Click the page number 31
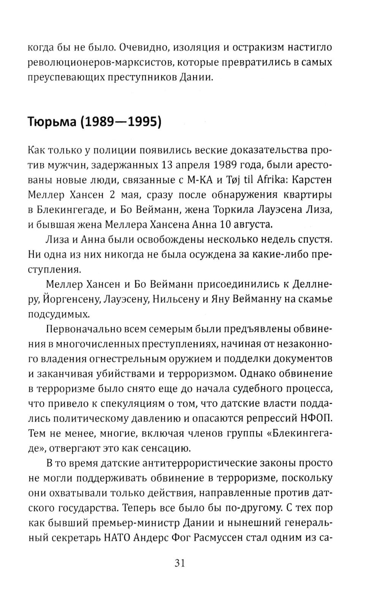pos(179,563)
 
